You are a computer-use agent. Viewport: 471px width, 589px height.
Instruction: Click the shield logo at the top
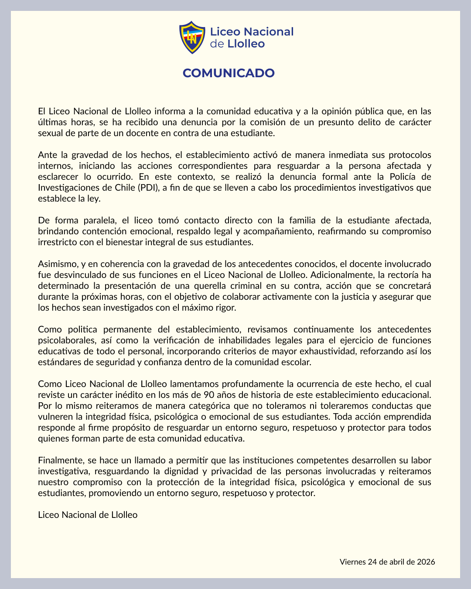pos(192,38)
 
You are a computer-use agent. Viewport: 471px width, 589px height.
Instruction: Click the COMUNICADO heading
pos(229,73)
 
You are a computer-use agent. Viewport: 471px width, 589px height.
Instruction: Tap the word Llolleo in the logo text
pos(246,44)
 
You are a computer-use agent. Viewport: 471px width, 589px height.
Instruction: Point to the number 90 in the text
pos(209,395)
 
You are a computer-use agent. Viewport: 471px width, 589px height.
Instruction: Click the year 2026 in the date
pos(426,562)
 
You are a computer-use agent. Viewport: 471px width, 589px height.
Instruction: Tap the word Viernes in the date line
pos(353,562)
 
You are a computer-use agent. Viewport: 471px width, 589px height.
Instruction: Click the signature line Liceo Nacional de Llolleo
pos(88,515)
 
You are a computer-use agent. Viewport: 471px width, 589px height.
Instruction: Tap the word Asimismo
pos(57,264)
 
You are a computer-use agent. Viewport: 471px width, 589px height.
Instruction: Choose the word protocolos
pos(405,155)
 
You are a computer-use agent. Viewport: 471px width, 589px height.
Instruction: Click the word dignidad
pos(183,471)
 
